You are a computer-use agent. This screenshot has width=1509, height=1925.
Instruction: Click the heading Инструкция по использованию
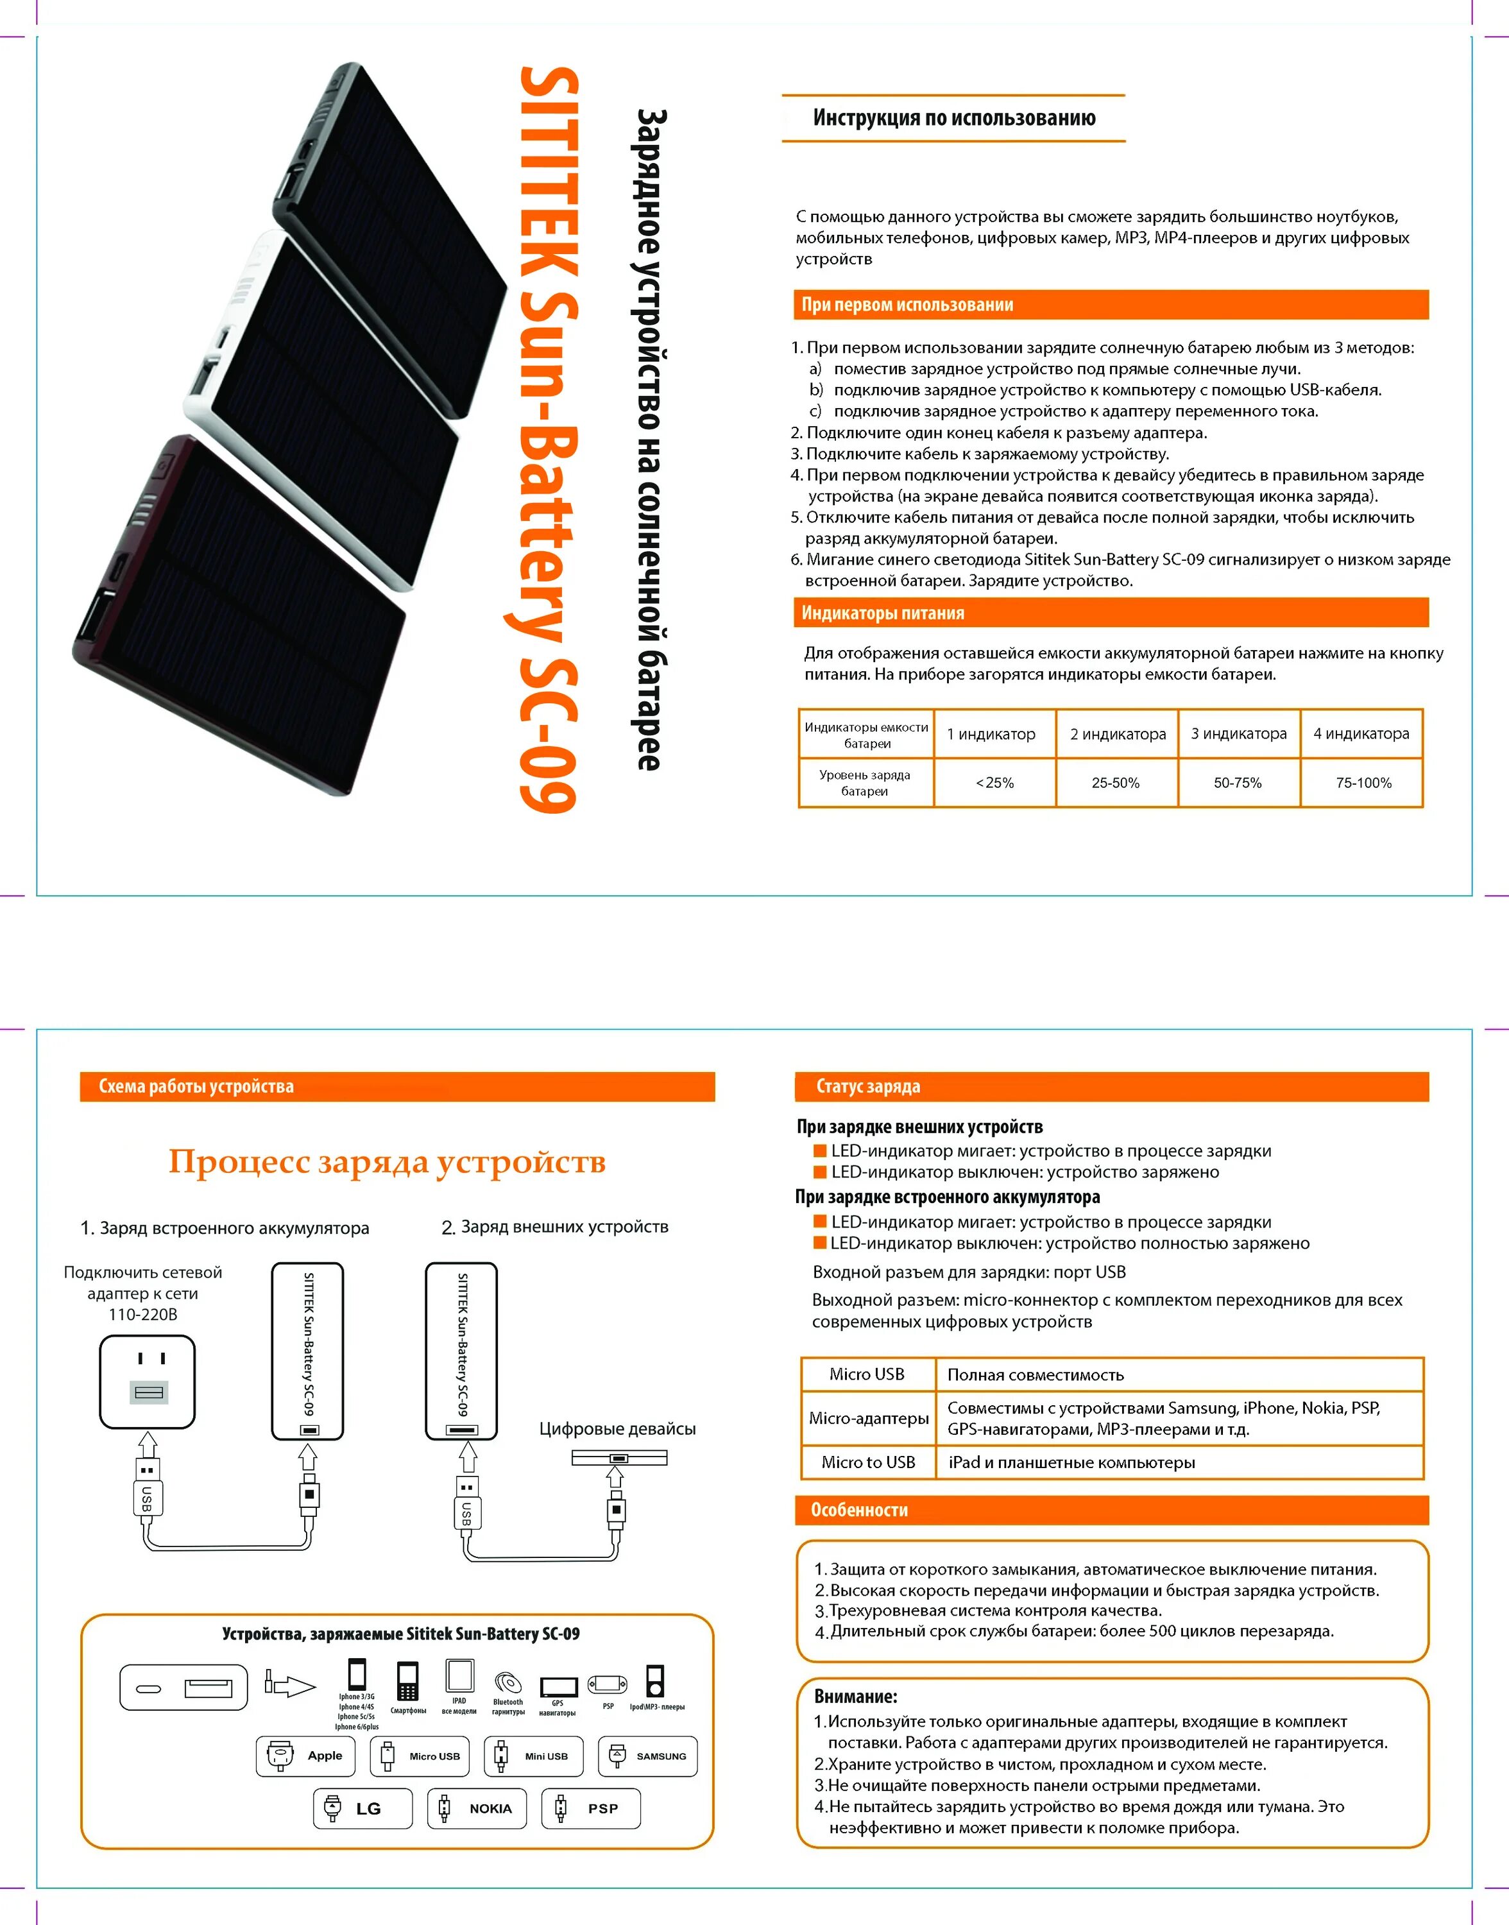pos(953,118)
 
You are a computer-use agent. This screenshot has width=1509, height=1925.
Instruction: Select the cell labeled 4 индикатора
pos(1361,733)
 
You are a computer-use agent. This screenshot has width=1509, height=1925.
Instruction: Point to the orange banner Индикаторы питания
pos(1110,612)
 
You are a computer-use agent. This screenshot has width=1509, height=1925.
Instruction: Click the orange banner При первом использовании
pos(1110,305)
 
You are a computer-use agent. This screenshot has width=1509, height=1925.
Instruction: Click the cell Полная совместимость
pos(1036,1374)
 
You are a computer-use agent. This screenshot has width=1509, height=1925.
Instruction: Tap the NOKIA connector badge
pos(477,1808)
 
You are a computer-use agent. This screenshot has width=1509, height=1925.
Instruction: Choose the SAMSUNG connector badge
pos(647,1756)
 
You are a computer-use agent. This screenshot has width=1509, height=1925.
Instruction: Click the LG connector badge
pos(363,1808)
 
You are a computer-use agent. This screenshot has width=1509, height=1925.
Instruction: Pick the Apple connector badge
pos(305,1756)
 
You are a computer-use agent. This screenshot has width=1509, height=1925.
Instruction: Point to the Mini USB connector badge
pos(534,1756)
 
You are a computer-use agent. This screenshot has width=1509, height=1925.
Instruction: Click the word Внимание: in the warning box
pos(855,1696)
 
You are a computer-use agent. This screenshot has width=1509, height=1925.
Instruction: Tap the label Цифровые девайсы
pos(618,1428)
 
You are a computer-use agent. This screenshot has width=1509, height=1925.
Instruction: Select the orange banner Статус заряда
pos(1111,1086)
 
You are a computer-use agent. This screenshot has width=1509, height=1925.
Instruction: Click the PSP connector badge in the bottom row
pos(591,1808)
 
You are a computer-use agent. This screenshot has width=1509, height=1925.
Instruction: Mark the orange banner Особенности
pos(1111,1510)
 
